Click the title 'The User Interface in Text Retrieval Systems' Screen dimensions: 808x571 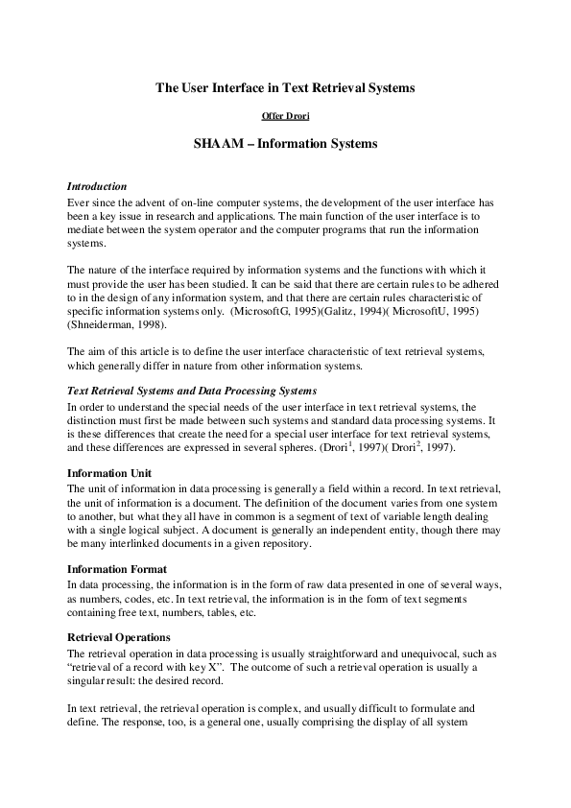(x=285, y=87)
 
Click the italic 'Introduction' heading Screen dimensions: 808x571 (x=97, y=185)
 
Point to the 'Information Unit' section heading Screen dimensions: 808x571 (x=111, y=473)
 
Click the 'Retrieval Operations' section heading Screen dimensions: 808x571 (x=119, y=637)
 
